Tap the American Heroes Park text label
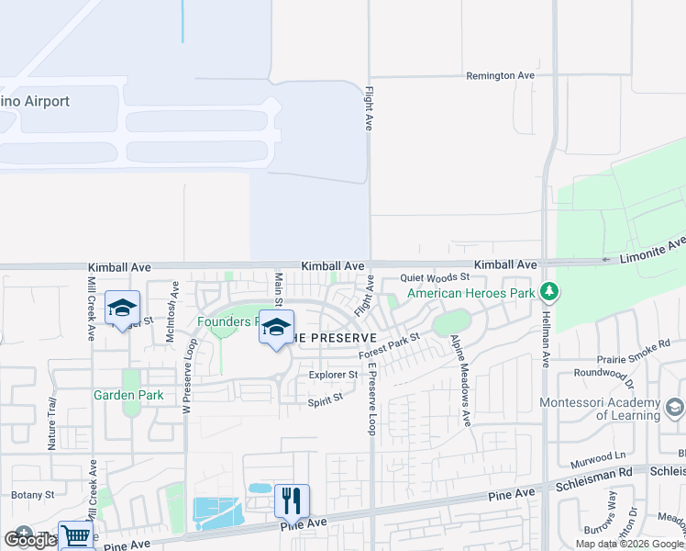point(470,294)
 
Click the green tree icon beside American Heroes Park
point(549,293)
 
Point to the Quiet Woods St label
point(435,276)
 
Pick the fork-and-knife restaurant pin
point(292,501)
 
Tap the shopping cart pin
point(77,536)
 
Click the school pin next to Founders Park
point(276,328)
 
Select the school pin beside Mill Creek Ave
point(122,308)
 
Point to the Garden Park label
point(128,396)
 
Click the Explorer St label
point(333,375)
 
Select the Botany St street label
point(34,494)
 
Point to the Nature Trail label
point(51,423)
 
